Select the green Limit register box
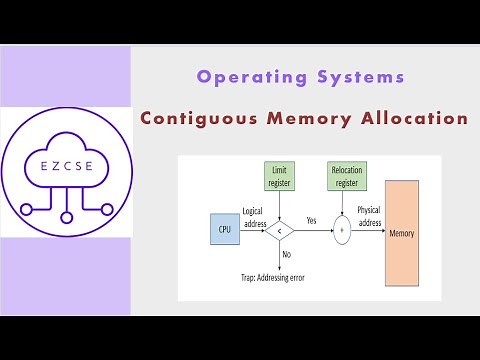tap(279, 177)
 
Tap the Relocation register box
tap(346, 177)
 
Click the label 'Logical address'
tap(252, 216)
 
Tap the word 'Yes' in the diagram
tap(311, 220)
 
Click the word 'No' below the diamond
tap(287, 255)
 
